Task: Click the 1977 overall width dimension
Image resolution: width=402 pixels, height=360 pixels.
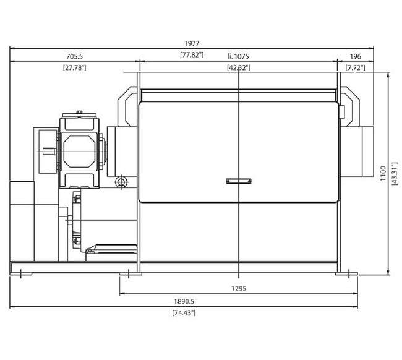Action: (192, 43)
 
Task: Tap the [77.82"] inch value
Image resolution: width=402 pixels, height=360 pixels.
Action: (192, 54)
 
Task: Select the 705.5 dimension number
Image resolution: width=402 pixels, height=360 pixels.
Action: (74, 56)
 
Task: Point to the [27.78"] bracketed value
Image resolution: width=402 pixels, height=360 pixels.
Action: (74, 67)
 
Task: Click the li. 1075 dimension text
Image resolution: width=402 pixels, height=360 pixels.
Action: (239, 56)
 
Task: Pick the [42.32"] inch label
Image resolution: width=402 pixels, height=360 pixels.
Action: (239, 67)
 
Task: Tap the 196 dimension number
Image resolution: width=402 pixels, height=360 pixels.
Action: (356, 56)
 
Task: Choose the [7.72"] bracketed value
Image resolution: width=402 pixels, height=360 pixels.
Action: (356, 67)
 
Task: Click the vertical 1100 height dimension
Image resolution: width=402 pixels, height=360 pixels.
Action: (383, 174)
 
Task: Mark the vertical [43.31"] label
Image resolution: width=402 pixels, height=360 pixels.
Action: (395, 174)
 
